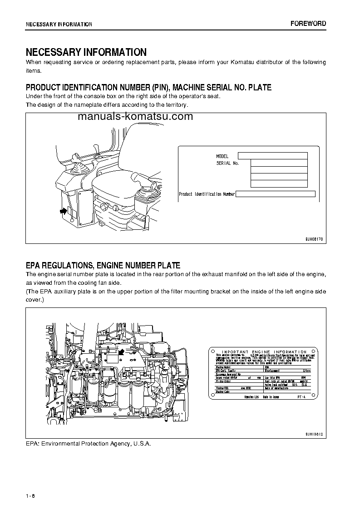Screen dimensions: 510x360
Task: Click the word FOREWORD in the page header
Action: pos(308,24)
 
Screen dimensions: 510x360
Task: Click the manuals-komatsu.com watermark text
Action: pos(135,117)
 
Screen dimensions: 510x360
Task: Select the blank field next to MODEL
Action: pos(273,156)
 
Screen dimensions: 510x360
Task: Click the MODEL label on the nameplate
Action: pos(222,156)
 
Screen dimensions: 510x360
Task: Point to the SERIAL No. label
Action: pos(227,163)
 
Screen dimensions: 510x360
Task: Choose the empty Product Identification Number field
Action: pos(276,194)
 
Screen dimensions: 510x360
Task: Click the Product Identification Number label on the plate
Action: pos(207,194)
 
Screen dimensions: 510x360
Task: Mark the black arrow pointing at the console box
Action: pos(61,211)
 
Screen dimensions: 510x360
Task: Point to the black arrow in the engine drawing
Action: pos(121,352)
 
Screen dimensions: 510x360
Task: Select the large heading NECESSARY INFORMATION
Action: pos(86,52)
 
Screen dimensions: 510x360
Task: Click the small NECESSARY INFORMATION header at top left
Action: pos(59,24)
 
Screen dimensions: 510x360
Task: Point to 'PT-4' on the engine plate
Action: pos(302,396)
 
